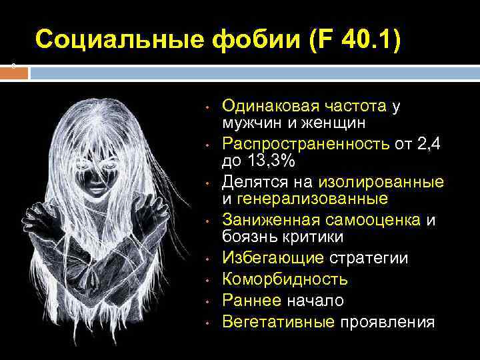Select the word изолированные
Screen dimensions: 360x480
[x=381, y=181]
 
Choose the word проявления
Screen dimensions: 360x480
[x=388, y=322]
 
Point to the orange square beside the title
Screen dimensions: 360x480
[x=14, y=73]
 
